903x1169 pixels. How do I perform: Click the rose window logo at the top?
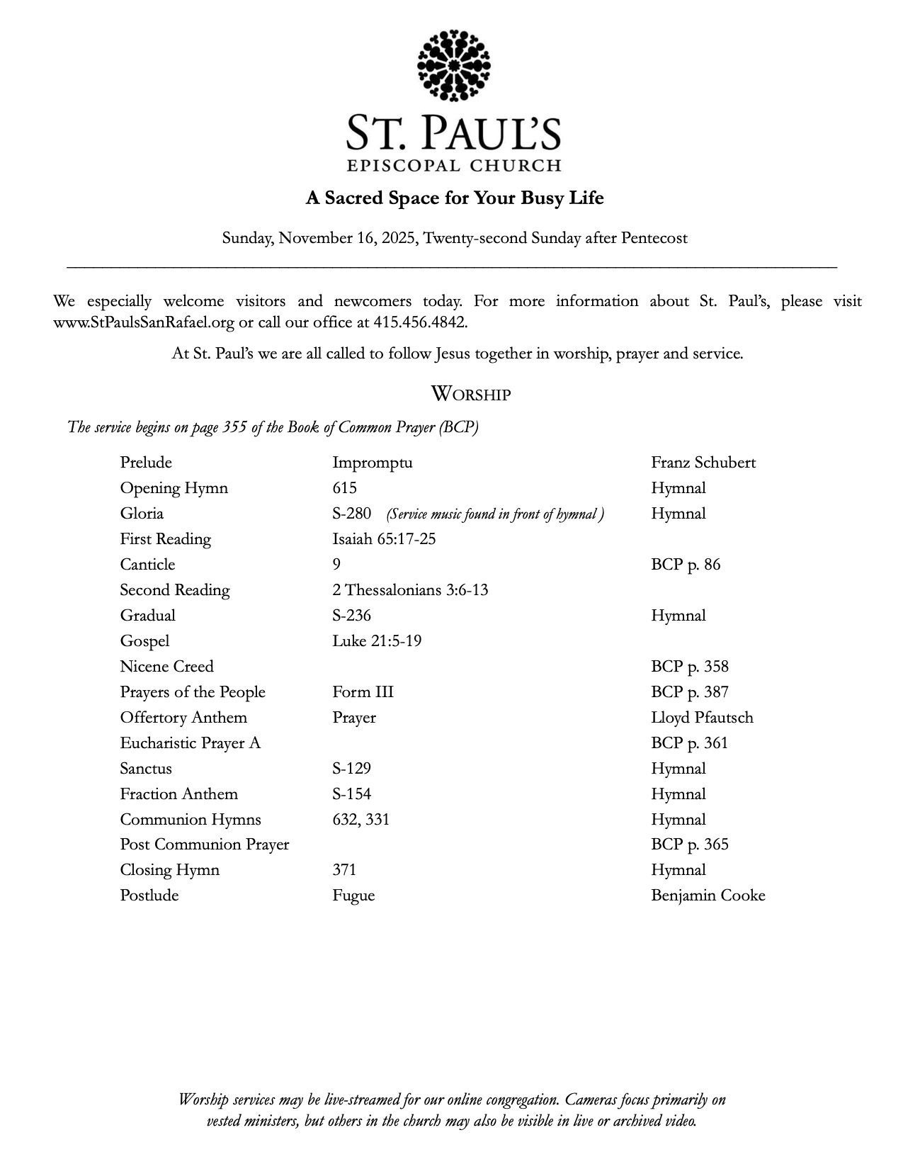point(454,65)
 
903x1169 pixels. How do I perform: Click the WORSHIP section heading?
point(470,394)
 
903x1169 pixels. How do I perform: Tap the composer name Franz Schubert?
point(703,463)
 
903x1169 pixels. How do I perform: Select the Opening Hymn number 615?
point(344,488)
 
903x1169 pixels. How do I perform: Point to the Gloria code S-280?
point(351,514)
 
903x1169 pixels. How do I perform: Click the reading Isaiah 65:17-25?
point(384,539)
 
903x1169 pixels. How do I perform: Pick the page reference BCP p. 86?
point(685,565)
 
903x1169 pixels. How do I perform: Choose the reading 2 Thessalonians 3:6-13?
point(409,590)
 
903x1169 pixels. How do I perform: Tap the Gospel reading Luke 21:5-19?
point(377,641)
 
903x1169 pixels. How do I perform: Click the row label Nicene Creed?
point(166,667)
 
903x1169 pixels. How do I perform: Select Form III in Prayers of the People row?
point(363,692)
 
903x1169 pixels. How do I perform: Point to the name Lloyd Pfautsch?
point(702,718)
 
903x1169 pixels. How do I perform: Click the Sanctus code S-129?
point(351,769)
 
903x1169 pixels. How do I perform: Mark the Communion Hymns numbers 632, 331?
point(360,820)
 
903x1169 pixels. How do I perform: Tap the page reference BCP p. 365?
point(689,845)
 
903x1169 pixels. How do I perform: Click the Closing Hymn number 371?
point(344,870)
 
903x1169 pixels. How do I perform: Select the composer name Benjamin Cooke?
point(708,896)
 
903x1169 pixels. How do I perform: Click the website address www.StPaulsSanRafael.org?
point(143,322)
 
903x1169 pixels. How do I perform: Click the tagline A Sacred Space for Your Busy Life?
point(454,198)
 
